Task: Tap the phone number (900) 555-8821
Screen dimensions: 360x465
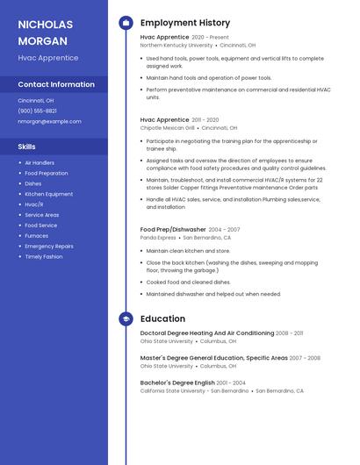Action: coord(37,111)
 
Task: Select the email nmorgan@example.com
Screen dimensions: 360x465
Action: coord(43,121)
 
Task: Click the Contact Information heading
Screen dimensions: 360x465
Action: coord(56,84)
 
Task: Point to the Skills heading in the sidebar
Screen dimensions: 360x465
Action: coord(26,147)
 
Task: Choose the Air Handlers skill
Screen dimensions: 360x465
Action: coord(40,163)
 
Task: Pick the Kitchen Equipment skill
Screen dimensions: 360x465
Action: coord(49,194)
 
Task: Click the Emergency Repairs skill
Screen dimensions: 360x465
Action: coord(49,247)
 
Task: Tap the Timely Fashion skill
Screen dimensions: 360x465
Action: coord(44,257)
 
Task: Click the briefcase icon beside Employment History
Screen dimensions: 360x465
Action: coord(126,23)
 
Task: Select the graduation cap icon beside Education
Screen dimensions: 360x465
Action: coord(126,319)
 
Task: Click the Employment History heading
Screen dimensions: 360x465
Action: coord(185,23)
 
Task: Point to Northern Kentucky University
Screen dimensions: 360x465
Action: coord(176,45)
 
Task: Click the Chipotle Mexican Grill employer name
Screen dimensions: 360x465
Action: coord(167,127)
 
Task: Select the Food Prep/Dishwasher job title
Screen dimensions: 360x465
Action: coord(173,229)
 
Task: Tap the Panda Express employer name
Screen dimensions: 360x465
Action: coord(158,237)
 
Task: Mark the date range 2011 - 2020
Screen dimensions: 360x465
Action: coord(205,119)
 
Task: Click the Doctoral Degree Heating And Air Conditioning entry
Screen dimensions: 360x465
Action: coord(207,333)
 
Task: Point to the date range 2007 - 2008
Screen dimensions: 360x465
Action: coord(305,358)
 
